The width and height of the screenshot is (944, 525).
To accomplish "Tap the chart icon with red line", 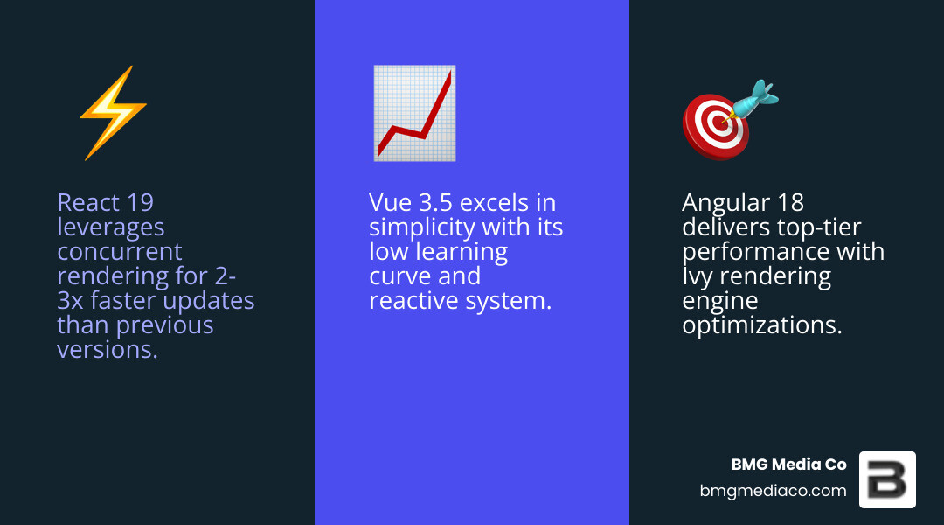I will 413,113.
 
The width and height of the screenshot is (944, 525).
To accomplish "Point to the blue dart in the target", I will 754,98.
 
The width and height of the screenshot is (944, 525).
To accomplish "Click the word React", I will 88,203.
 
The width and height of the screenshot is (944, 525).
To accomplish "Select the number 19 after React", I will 140,203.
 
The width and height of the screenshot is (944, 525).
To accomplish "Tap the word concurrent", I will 120,252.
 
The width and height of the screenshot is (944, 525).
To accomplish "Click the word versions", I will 107,350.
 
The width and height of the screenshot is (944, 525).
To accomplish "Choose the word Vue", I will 391,203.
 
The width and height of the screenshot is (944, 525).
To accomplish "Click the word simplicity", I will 422,228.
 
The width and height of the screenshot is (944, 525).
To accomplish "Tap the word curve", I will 399,276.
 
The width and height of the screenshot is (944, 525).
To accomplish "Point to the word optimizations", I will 762,325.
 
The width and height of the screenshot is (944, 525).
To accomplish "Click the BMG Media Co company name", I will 788,465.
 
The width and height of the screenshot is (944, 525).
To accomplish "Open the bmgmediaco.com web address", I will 773,491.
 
